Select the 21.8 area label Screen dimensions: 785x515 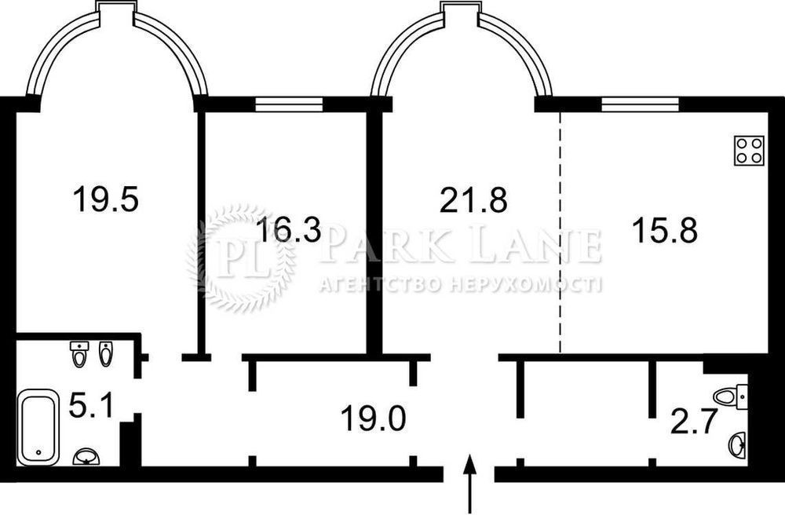473,199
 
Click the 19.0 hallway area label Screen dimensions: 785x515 373,418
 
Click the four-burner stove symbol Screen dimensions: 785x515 750,151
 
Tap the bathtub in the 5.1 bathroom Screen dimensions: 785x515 37,427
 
